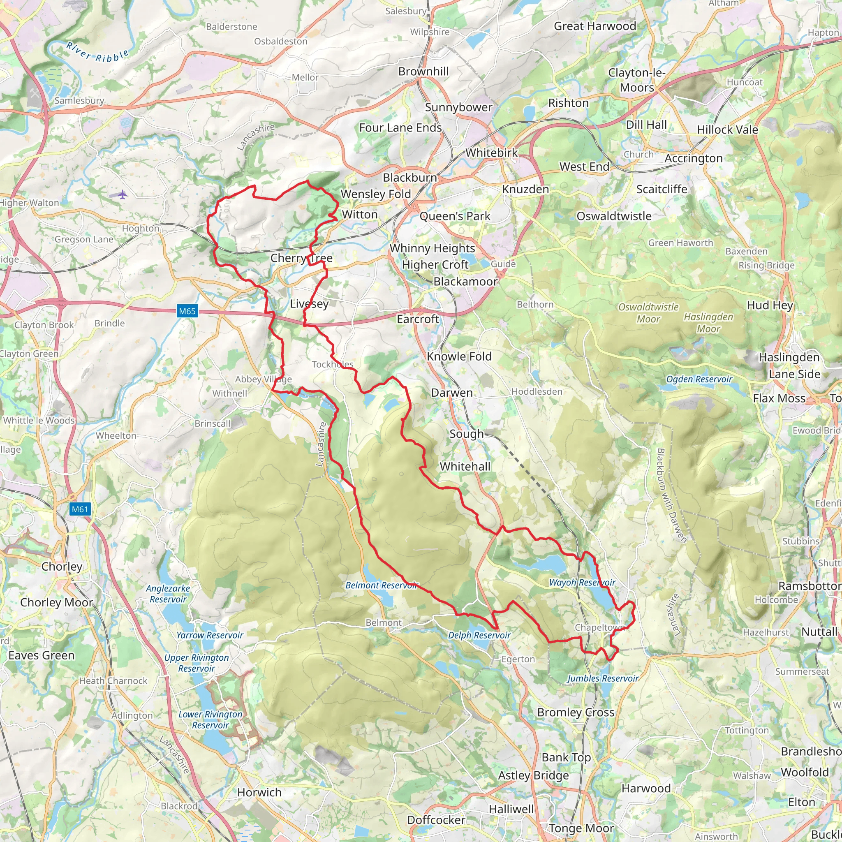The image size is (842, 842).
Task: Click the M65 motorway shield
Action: click(x=187, y=311)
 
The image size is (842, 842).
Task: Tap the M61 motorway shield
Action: click(x=80, y=509)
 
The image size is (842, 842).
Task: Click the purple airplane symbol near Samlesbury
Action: click(x=123, y=194)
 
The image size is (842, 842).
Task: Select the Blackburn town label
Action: click(x=409, y=178)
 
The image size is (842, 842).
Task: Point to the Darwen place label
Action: click(x=451, y=393)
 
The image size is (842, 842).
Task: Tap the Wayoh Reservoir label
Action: click(x=582, y=582)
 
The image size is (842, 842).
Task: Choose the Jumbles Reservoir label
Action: click(x=602, y=678)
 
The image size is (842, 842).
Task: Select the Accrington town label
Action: click(x=694, y=158)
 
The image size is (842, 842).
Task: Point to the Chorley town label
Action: click(x=62, y=567)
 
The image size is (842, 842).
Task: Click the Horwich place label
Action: click(x=259, y=792)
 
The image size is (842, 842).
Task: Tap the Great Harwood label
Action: click(x=595, y=26)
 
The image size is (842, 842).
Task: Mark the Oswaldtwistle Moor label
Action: click(x=648, y=313)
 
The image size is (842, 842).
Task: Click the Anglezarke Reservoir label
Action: click(x=168, y=594)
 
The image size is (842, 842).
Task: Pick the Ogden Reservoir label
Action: click(x=699, y=379)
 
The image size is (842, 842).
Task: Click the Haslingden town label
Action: click(x=789, y=357)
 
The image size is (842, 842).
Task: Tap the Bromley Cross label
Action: click(x=575, y=712)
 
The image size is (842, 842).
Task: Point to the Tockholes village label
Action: click(x=333, y=364)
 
